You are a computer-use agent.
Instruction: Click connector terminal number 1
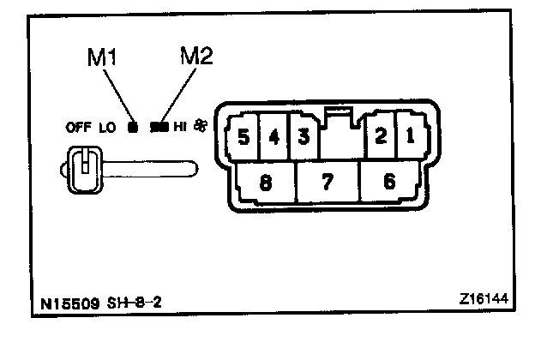click(410, 136)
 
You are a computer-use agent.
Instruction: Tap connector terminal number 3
click(304, 136)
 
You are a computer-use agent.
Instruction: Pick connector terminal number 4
click(274, 136)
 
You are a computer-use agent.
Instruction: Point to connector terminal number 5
click(243, 136)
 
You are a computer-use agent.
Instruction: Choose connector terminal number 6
click(391, 181)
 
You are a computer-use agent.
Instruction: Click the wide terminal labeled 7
click(327, 181)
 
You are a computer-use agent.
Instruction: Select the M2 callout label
click(196, 57)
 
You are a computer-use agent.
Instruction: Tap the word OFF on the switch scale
click(79, 129)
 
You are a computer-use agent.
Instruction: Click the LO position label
click(107, 129)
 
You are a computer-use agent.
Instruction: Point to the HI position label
click(180, 129)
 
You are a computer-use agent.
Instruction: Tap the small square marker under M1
click(132, 129)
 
